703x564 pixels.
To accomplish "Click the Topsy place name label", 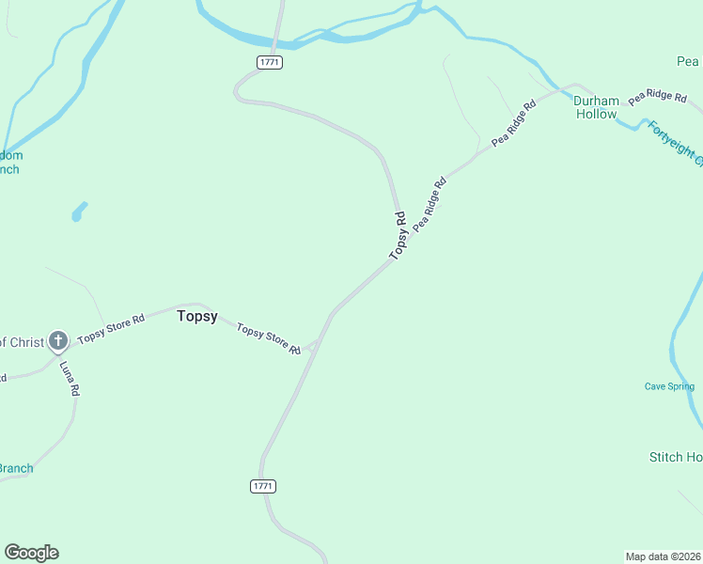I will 197,317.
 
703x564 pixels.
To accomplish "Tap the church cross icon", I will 58,340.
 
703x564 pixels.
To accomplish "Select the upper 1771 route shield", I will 269,62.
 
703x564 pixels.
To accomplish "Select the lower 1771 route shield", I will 263,486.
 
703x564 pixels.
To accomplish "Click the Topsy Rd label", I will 398,236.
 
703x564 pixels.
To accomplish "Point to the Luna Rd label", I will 70,378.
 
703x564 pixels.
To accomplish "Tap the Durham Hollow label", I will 597,107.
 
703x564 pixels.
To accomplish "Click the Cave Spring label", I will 669,386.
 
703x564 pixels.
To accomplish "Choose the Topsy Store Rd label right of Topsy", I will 269,338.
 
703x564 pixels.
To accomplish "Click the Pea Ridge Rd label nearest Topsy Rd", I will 428,203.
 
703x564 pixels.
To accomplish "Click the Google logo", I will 31,553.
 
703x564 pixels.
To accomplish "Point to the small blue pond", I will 79,211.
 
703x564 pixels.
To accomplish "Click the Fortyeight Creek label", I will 675,140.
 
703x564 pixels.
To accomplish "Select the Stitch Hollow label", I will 676,457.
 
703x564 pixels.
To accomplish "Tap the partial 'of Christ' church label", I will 21,342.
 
